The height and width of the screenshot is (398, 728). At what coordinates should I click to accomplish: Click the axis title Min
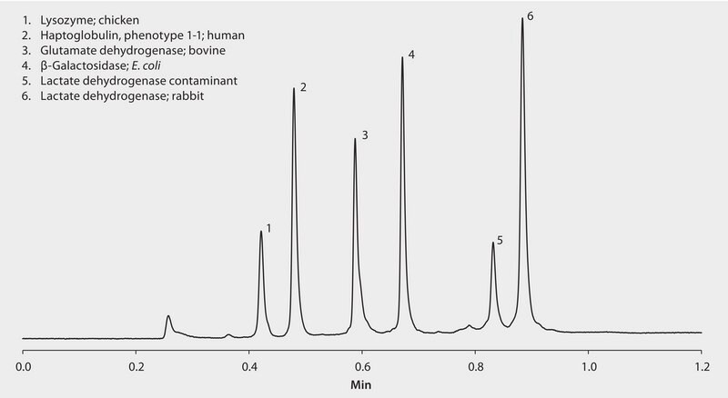pyautogui.click(x=362, y=385)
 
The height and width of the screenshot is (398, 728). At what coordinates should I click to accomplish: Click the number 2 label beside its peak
pyautogui.click(x=302, y=87)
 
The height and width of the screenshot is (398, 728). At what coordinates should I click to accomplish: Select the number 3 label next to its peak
pyautogui.click(x=364, y=134)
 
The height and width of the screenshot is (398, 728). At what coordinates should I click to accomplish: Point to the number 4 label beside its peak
pyautogui.click(x=411, y=55)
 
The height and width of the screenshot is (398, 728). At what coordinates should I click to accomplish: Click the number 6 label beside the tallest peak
pyautogui.click(x=530, y=17)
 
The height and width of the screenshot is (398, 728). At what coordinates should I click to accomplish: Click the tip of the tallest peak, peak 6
pyautogui.click(x=522, y=17)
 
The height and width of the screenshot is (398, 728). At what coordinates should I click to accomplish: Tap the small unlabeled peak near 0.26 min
pyautogui.click(x=168, y=317)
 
